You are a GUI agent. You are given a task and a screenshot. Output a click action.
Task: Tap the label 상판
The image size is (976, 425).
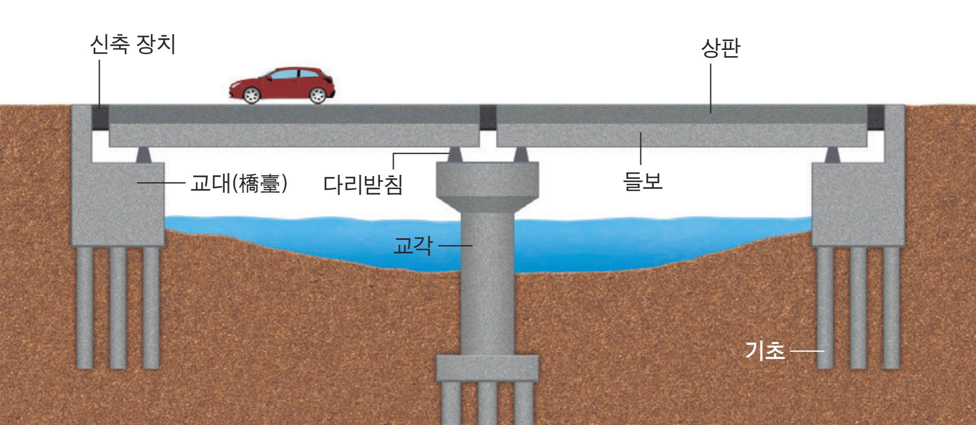point(721,48)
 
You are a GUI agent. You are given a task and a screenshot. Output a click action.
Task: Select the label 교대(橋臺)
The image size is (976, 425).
point(239,183)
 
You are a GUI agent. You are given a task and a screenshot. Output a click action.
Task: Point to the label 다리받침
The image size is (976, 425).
point(363,185)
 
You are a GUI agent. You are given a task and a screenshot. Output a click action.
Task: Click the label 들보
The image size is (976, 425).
point(643,181)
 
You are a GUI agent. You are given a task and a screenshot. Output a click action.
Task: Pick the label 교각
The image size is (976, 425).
point(412,246)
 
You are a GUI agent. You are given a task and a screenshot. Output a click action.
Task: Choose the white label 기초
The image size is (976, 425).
point(765,351)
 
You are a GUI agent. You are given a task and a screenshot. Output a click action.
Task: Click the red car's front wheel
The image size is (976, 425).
point(251,95)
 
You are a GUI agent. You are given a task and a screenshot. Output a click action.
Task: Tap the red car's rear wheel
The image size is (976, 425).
point(318,95)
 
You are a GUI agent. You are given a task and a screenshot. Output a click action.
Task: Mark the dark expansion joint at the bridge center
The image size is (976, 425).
point(488,117)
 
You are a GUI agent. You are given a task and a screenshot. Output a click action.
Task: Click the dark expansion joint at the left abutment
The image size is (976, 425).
point(100,118)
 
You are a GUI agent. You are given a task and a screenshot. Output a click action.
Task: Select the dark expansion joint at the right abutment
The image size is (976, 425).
point(876,118)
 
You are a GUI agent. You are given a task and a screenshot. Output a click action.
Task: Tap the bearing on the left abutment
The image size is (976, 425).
point(143,155)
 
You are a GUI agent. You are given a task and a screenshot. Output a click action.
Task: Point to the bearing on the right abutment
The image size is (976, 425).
point(832,155)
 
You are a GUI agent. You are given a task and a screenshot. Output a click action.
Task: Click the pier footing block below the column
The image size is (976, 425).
point(488,368)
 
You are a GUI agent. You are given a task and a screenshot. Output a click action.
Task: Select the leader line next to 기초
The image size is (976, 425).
point(807,351)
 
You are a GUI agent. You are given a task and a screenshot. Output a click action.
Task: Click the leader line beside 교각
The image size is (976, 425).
point(455,246)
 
